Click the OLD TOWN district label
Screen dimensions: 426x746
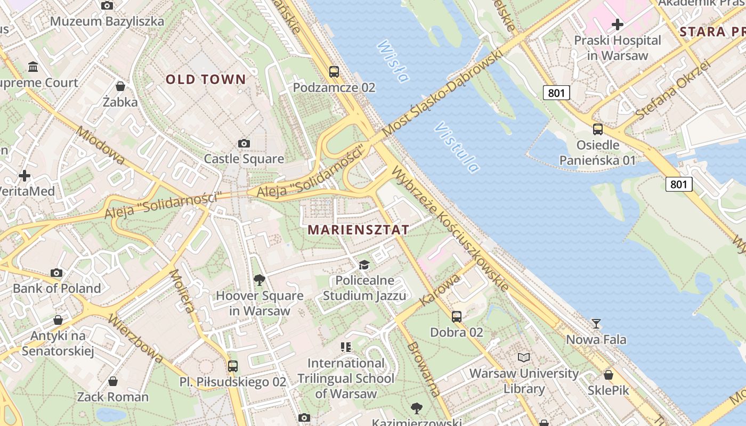coord(206,80)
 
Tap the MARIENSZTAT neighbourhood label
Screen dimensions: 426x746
coord(359,230)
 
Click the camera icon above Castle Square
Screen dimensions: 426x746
coord(244,143)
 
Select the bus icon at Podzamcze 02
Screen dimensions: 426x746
coord(334,71)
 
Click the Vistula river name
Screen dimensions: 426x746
coord(457,148)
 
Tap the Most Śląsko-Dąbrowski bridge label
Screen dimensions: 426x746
coord(443,94)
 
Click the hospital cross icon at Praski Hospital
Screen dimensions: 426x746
coord(618,24)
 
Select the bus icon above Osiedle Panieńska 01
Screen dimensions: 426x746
coord(598,129)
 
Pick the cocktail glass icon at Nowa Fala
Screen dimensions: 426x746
coord(596,323)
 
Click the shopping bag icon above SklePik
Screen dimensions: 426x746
coord(609,375)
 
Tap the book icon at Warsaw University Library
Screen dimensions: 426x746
coord(524,357)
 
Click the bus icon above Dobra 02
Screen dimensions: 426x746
coord(457,316)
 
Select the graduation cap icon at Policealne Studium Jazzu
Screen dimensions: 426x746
coord(364,265)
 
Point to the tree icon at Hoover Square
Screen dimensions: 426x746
coord(260,280)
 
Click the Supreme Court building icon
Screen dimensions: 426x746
coord(33,67)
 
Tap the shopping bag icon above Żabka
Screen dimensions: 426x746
coord(120,86)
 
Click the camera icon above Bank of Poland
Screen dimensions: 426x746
coord(56,273)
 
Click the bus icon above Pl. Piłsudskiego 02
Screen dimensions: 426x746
coord(233,366)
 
